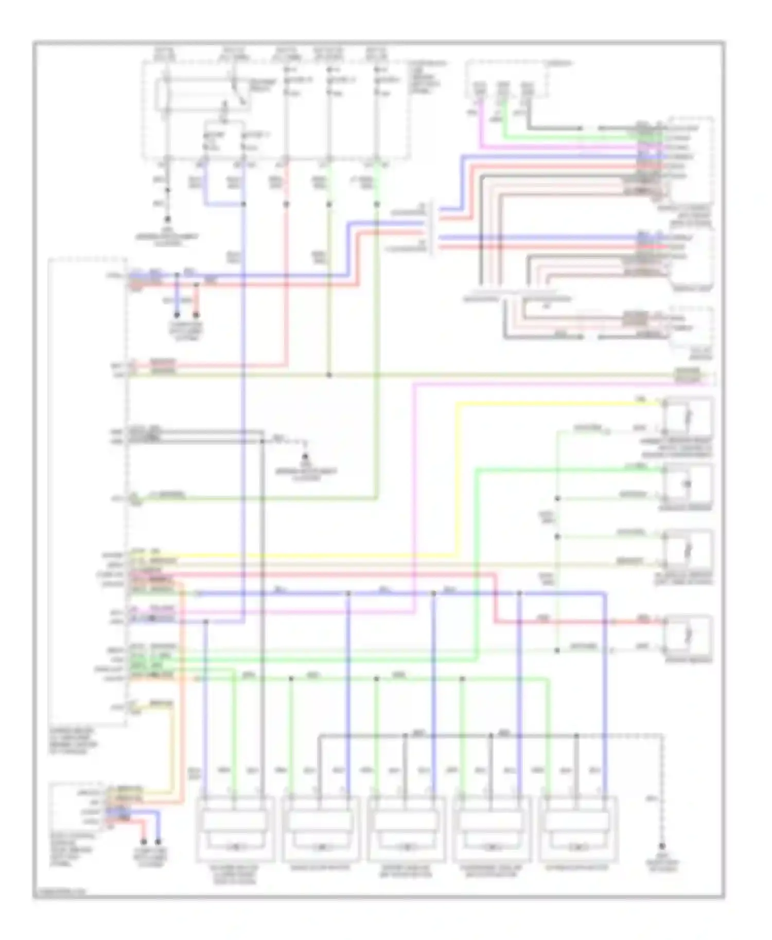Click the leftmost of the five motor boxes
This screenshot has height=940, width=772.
pyautogui.click(x=235, y=829)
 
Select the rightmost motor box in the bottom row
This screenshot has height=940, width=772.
pyautogui.click(x=578, y=829)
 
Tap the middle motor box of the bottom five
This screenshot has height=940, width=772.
pyautogui.click(x=407, y=829)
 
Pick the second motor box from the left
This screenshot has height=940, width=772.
pyautogui.click(x=321, y=829)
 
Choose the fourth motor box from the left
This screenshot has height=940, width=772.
pyautogui.click(x=492, y=829)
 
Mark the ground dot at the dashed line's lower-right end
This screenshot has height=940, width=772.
pyautogui.click(x=663, y=846)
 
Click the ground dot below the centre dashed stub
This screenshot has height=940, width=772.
pyautogui.click(x=305, y=456)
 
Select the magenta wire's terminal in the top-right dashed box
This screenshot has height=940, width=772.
pyautogui.click(x=480, y=89)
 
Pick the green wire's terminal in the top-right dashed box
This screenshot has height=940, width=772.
pyautogui.click(x=504, y=89)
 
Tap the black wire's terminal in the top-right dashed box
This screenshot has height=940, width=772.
pyautogui.click(x=527, y=89)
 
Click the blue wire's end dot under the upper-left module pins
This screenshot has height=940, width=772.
pyautogui.click(x=177, y=315)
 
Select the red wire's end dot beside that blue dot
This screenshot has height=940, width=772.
pyautogui.click(x=196, y=315)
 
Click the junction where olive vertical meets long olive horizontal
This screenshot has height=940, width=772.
pyautogui.click(x=329, y=375)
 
